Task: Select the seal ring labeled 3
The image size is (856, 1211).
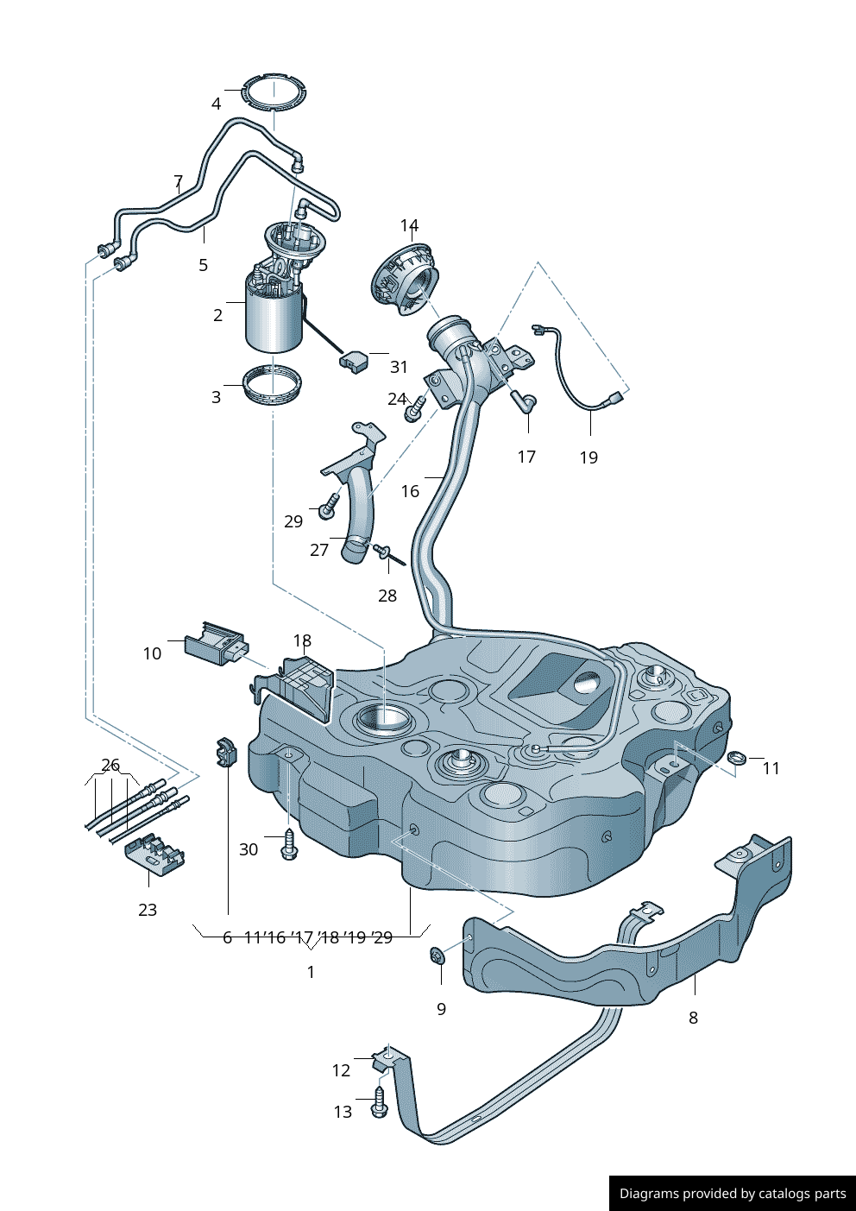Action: (x=272, y=385)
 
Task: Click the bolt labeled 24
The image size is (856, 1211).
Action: (x=414, y=409)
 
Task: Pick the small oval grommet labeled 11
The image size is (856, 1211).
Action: (x=736, y=759)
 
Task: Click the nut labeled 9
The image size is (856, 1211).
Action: (x=438, y=956)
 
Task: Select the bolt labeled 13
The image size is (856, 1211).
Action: (x=379, y=1105)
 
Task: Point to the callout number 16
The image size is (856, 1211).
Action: (x=410, y=491)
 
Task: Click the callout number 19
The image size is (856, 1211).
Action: (x=588, y=457)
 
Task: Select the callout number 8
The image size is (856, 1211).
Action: (x=693, y=1018)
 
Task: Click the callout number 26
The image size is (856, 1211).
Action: (x=110, y=765)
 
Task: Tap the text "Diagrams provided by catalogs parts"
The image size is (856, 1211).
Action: (x=733, y=1194)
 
